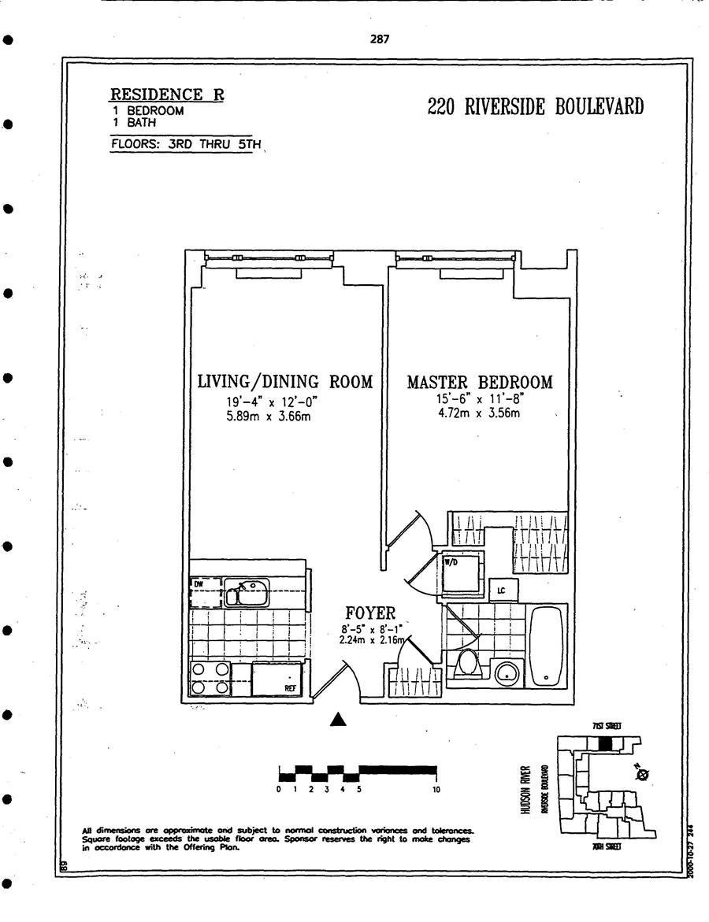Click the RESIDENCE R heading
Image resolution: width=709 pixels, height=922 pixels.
[x=166, y=95]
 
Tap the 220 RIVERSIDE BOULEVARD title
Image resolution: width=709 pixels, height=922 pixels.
[x=535, y=106]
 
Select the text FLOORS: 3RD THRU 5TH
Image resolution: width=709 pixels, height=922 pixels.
[x=185, y=145]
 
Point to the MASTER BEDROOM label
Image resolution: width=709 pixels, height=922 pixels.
[x=479, y=383]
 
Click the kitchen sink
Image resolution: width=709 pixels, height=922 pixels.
[x=247, y=592]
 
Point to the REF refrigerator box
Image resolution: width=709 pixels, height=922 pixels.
[x=280, y=679]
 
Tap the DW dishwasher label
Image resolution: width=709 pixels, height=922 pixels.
[x=199, y=584]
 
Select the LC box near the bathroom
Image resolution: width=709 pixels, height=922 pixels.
[x=502, y=590]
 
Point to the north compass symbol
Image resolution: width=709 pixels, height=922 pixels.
[x=642, y=775]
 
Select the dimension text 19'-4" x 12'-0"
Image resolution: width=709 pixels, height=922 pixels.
[x=267, y=402]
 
